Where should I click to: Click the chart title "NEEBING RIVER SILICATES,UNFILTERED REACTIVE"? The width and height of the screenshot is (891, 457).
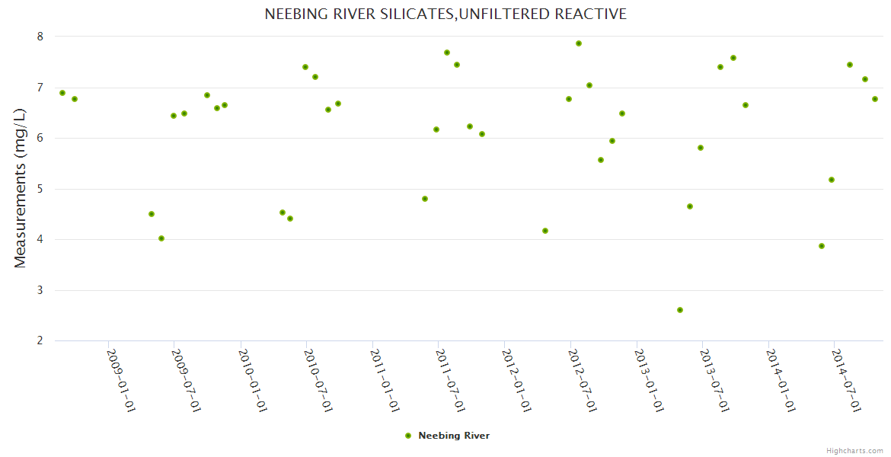click(x=445, y=14)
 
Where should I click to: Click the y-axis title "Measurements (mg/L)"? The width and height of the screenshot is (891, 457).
click(x=21, y=188)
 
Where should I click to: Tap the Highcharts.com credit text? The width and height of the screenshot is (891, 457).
click(x=854, y=450)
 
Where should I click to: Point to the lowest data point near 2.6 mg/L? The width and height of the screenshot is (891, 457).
click(x=680, y=310)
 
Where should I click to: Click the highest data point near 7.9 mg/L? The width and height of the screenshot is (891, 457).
click(x=579, y=43)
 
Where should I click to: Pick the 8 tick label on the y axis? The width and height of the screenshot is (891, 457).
click(x=40, y=37)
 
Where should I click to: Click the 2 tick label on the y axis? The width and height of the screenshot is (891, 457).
click(x=40, y=340)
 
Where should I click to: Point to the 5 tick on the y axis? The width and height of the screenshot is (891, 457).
click(x=40, y=189)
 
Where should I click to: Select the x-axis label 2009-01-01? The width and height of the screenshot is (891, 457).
click(x=121, y=380)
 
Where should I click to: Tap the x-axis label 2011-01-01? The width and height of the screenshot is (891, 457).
click(x=385, y=380)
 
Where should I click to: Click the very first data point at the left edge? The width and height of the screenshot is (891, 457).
click(x=62, y=93)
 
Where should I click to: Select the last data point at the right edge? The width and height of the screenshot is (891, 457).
click(x=875, y=99)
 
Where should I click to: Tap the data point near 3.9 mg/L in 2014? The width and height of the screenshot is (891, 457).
click(x=822, y=246)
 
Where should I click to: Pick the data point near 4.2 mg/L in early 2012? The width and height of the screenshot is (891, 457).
click(x=545, y=231)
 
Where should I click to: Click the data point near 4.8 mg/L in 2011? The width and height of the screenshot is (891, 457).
click(x=425, y=199)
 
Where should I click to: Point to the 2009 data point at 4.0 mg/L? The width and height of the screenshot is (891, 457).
click(x=161, y=238)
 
